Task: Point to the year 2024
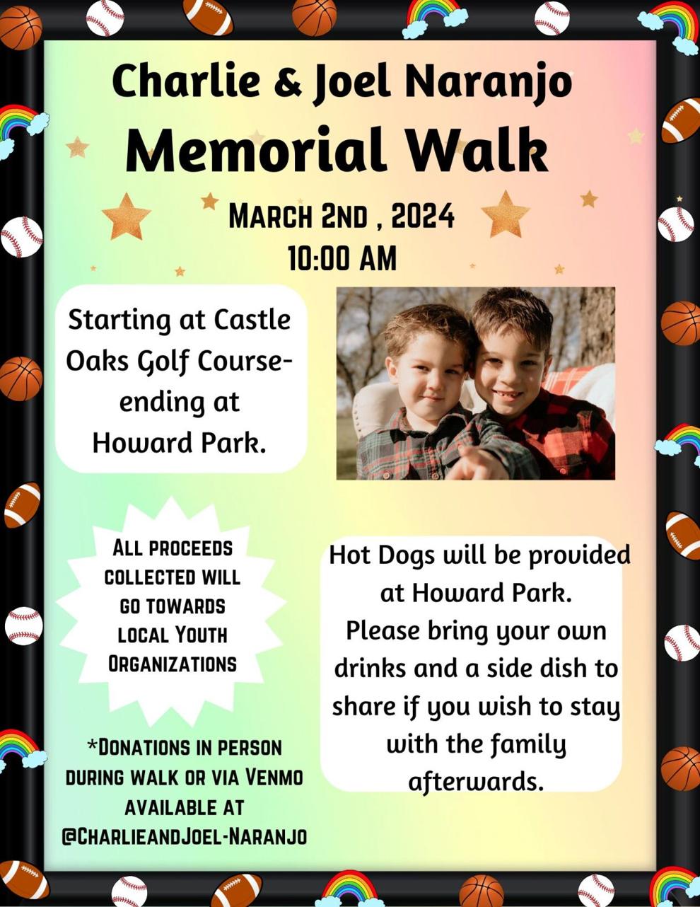tap(423, 216)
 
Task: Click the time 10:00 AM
tap(342, 258)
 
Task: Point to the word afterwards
tap(476, 781)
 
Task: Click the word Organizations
tap(172, 664)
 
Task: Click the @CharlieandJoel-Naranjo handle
tap(184, 836)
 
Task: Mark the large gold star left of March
tap(126, 215)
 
